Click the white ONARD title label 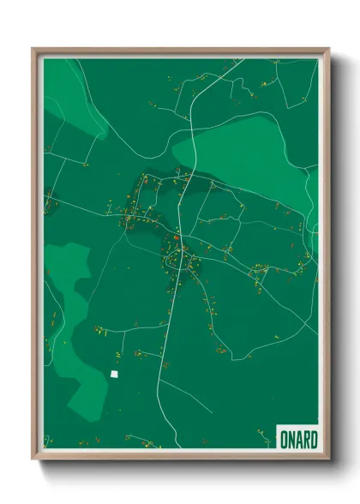tap(297, 438)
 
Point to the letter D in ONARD tap(311, 439)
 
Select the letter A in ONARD tap(297, 439)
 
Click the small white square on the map tap(114, 374)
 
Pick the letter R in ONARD tap(304, 439)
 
